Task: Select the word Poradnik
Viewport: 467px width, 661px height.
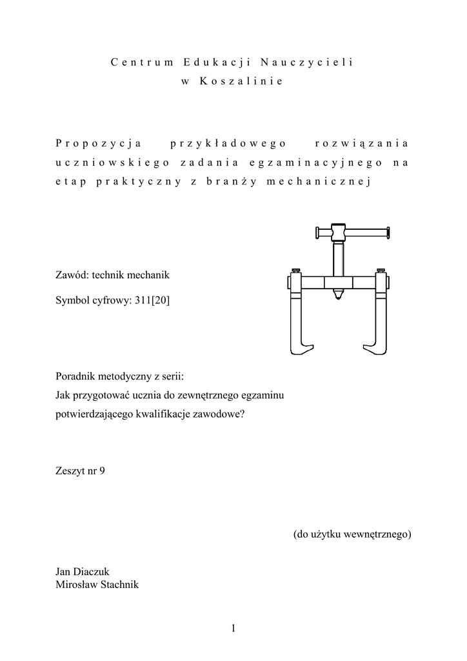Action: click(77, 376)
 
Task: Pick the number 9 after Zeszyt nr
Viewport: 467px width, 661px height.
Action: click(101, 471)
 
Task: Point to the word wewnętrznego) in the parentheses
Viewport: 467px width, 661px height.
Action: click(376, 534)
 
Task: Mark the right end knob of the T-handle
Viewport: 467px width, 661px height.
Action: click(388, 233)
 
